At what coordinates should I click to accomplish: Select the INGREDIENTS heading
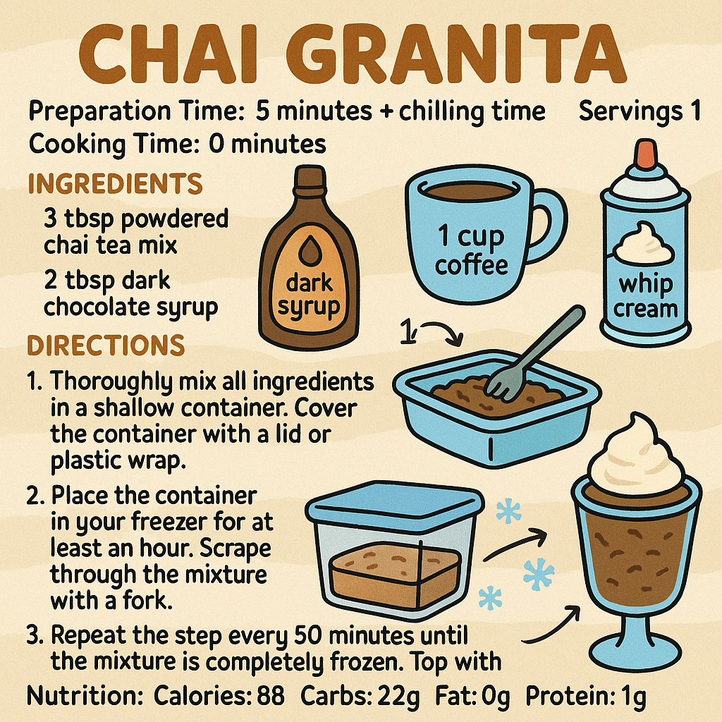tap(114, 184)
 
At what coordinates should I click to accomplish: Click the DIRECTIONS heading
tap(106, 345)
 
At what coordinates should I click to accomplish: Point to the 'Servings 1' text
tap(639, 111)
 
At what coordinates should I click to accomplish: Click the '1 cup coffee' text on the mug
tap(471, 250)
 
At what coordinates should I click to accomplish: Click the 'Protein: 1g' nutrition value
tap(586, 697)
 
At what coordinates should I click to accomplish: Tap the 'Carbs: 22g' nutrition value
tap(360, 697)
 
